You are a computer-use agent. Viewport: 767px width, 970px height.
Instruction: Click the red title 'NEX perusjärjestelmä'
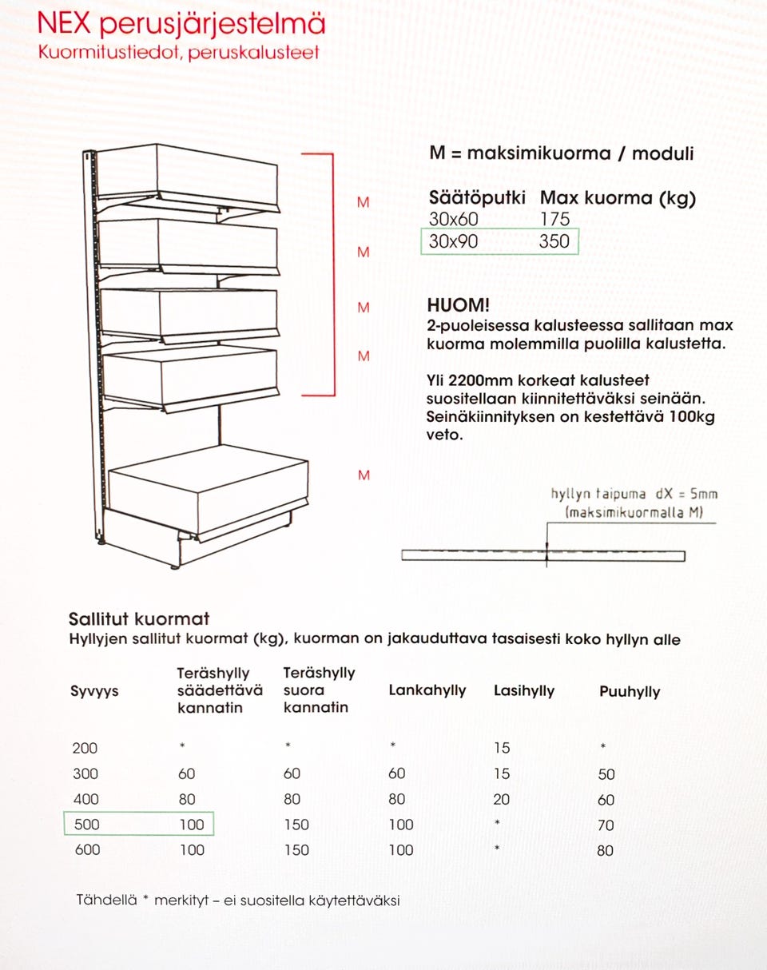pyautogui.click(x=181, y=24)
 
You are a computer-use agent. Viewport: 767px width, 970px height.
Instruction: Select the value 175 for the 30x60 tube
pyautogui.click(x=554, y=219)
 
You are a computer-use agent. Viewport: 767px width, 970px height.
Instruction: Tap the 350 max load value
pyautogui.click(x=554, y=241)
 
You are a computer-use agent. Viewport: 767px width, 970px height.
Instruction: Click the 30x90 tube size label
pyautogui.click(x=453, y=241)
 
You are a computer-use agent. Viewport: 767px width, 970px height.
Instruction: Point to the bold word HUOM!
pyautogui.click(x=459, y=306)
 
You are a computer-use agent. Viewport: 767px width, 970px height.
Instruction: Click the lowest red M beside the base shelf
pyautogui.click(x=364, y=475)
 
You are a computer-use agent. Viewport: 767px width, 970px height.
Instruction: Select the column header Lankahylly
pyautogui.click(x=427, y=690)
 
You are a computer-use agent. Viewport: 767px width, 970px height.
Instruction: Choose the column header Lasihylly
pyautogui.click(x=523, y=690)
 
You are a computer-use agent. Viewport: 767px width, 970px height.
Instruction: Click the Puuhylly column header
pyautogui.click(x=630, y=691)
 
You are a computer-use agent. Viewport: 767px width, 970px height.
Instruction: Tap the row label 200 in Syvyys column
pyautogui.click(x=85, y=748)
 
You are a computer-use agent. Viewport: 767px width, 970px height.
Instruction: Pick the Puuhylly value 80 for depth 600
pyautogui.click(x=605, y=850)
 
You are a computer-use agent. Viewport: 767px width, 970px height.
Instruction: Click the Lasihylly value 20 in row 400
pyautogui.click(x=501, y=799)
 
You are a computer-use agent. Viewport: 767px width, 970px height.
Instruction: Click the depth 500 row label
pyautogui.click(x=86, y=825)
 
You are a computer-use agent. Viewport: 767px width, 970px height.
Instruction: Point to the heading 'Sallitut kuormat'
pyautogui.click(x=139, y=618)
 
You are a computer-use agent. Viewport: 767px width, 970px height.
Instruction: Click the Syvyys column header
pyautogui.click(x=94, y=691)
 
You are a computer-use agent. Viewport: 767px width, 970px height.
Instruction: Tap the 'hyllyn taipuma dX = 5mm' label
pyautogui.click(x=634, y=495)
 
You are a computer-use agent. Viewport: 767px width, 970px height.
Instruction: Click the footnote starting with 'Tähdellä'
pyautogui.click(x=237, y=900)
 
